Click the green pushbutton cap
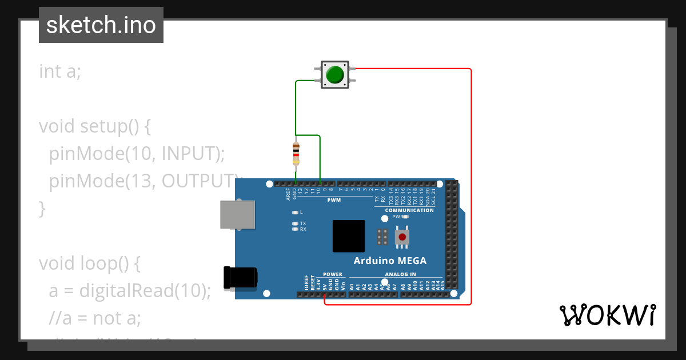pos(334,75)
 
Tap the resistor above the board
pos(296,153)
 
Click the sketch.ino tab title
pos(101,25)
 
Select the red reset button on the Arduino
pos(402,237)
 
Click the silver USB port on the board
pos(238,214)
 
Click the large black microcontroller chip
pos(349,236)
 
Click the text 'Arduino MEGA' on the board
pos(390,261)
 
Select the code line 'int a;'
pos(60,71)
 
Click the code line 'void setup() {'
pos(94,126)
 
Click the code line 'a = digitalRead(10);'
pos(130,291)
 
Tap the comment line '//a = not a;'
pos(94,317)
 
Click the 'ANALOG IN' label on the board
pos(400,274)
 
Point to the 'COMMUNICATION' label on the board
pos(409,210)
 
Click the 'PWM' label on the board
pos(334,201)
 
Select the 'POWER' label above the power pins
pos(333,274)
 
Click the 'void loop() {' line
pos(89,263)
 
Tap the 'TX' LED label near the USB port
pos(303,223)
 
